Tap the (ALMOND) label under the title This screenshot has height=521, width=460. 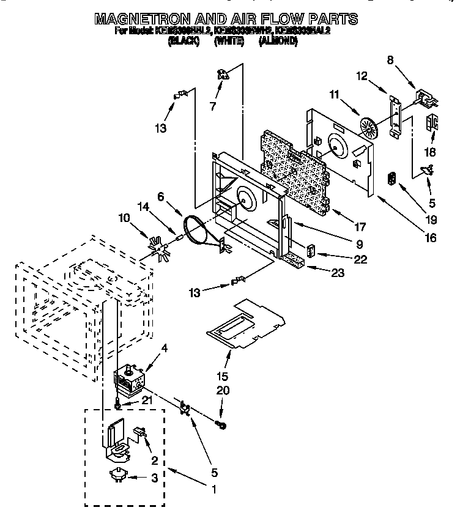point(278,41)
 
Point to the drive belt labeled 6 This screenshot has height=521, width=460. point(198,232)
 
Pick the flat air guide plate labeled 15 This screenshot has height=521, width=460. point(245,321)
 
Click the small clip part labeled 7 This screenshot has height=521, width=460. point(222,74)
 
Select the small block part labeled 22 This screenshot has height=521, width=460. point(311,252)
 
